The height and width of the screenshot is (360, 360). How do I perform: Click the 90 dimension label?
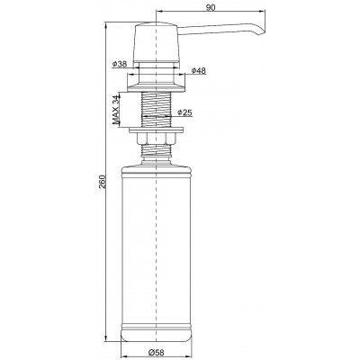[211, 8]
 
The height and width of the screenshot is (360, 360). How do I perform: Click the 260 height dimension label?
[103, 181]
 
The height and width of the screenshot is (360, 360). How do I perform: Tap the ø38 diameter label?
[120, 64]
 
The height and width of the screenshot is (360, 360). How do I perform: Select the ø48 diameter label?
[199, 70]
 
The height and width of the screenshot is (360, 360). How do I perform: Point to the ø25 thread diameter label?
[184, 112]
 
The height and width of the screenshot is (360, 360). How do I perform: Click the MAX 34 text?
[116, 110]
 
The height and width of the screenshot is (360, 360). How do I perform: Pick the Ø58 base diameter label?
[156, 352]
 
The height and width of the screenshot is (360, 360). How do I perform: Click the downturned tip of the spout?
[263, 33]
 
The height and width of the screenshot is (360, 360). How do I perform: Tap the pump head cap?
[156, 41]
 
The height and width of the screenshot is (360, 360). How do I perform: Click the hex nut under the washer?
[156, 138]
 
